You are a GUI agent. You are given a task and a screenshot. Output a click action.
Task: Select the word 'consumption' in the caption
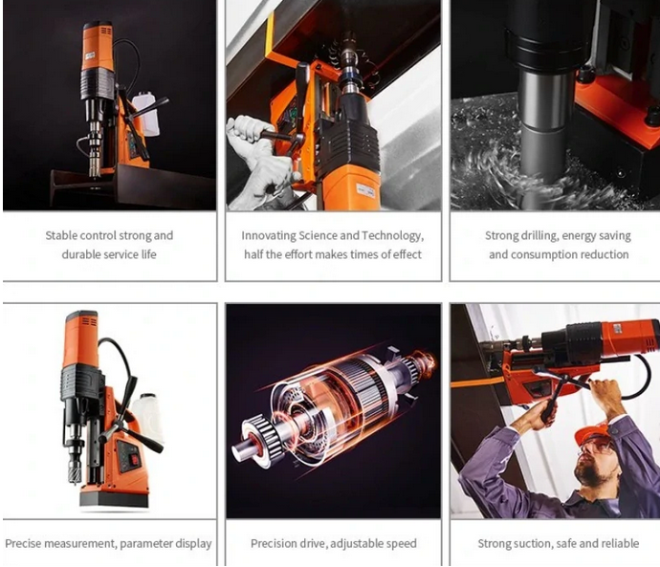point(544,254)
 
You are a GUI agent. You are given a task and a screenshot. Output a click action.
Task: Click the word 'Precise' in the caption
point(23,543)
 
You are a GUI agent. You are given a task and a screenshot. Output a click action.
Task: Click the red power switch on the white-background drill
point(134,460)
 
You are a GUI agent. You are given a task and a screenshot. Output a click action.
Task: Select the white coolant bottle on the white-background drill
point(147,417)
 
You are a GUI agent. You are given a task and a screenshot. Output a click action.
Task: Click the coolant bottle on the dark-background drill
point(145,114)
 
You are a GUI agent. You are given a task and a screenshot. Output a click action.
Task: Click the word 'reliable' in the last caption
point(621,543)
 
